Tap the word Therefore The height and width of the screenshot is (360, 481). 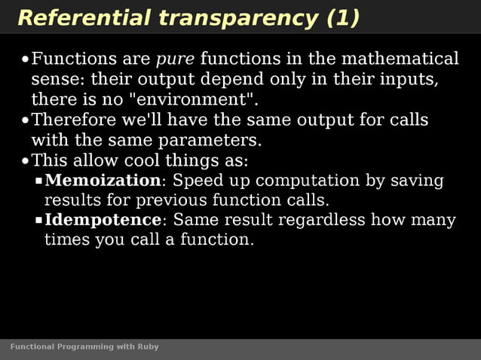click(x=75, y=120)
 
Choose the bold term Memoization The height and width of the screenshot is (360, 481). click(x=103, y=181)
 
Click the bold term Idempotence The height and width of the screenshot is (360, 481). click(x=103, y=221)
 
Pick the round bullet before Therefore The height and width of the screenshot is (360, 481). click(x=25, y=121)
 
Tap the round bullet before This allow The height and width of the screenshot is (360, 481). click(x=25, y=161)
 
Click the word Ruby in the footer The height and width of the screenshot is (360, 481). click(x=148, y=346)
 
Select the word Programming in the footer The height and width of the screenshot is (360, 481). click(x=84, y=346)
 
